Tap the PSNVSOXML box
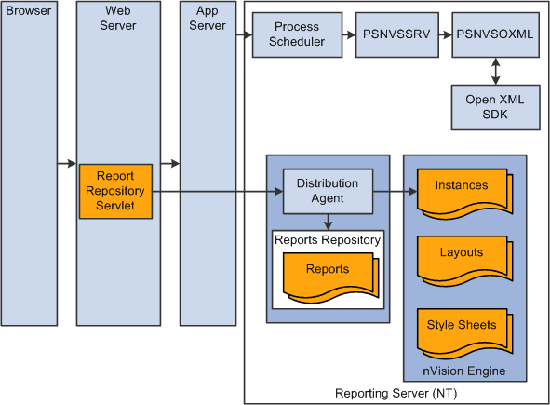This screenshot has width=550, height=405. [x=495, y=34]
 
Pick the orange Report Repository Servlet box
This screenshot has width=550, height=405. [x=115, y=192]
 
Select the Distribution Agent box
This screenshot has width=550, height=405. [x=328, y=191]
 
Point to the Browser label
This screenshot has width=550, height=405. [x=28, y=12]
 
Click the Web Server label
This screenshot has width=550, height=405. [x=115, y=19]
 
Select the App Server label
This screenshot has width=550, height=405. [x=208, y=19]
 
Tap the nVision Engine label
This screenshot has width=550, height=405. [x=464, y=371]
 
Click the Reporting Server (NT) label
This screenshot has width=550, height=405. [x=396, y=394]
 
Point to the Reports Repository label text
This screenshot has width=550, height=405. [x=328, y=239]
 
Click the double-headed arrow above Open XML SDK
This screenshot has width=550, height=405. [x=495, y=70]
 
